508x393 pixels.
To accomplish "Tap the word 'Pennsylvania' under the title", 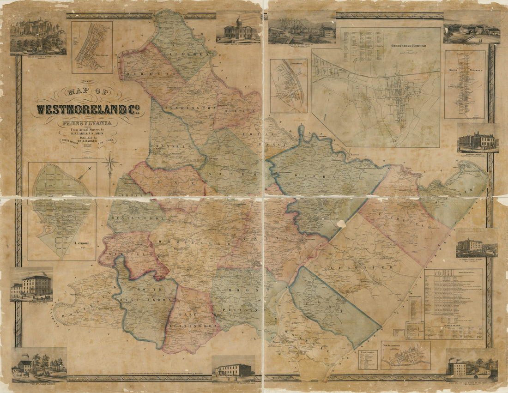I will pyautogui.click(x=87, y=124).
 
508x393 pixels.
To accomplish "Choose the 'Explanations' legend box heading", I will pyautogui.click(x=368, y=353).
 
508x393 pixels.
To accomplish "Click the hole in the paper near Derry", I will pyautogui.click(x=341, y=224).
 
